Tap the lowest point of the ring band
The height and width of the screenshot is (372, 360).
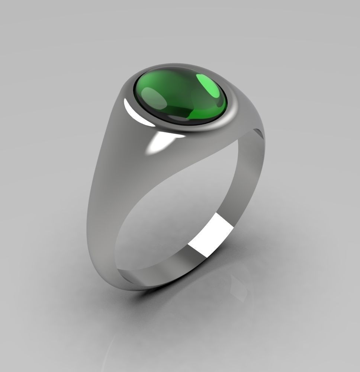pos(149,286)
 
